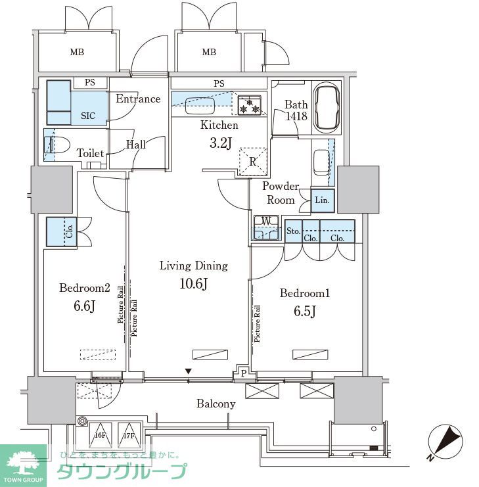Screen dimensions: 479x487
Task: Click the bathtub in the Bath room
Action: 326,107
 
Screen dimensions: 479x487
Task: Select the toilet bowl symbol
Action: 58,145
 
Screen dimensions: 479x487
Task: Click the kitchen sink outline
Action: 200,106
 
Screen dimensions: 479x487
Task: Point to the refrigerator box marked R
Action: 253,161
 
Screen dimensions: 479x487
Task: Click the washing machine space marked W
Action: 266,227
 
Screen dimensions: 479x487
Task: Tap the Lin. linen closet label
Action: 322,200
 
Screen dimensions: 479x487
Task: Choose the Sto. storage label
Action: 293,231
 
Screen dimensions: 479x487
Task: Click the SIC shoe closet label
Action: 88,116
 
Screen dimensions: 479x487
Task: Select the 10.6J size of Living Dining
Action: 193,283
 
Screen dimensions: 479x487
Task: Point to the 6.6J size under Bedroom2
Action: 84,306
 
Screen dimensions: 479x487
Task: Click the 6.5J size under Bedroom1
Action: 304,311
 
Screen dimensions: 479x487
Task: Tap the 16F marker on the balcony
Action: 100,436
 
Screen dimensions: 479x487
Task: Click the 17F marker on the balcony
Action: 129,436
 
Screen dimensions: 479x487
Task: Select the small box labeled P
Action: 244,373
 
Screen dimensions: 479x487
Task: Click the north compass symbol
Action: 445,442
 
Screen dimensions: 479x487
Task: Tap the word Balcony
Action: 216,404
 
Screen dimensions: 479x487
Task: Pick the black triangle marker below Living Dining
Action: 188,371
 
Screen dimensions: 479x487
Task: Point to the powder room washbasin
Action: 321,162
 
